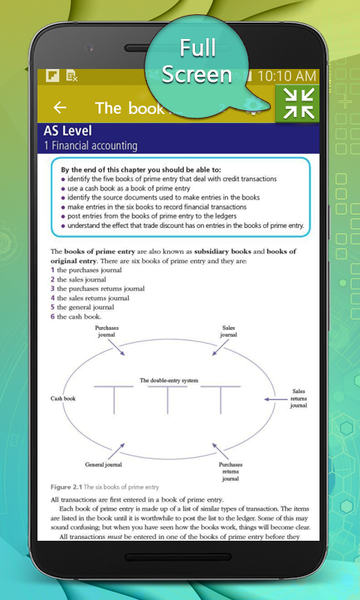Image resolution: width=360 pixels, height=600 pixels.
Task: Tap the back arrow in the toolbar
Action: pyautogui.click(x=60, y=108)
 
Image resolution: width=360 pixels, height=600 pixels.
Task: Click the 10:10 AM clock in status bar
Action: pyautogui.click(x=286, y=76)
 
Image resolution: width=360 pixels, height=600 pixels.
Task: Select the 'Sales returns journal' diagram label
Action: pyautogui.click(x=297, y=397)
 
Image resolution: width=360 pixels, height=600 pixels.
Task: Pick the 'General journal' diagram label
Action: pyautogui.click(x=103, y=465)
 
